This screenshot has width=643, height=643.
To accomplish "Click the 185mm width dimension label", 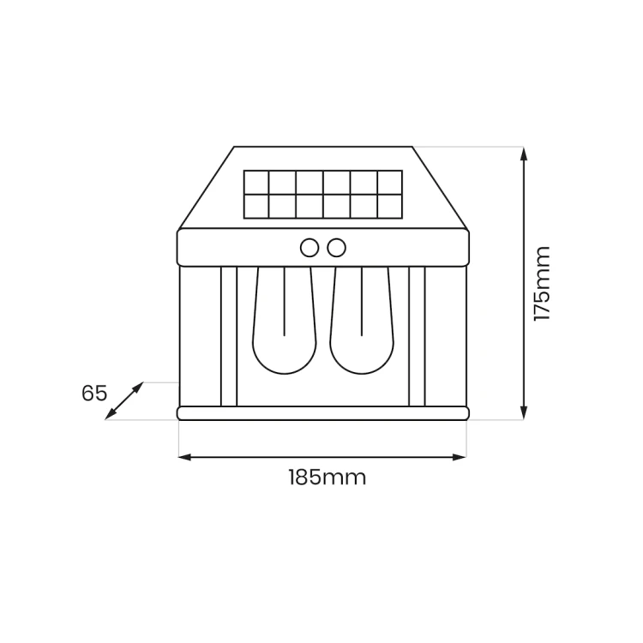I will point(326,478).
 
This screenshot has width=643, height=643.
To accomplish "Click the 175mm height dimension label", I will point(542,284).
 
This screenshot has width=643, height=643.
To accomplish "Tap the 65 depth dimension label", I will point(94,394).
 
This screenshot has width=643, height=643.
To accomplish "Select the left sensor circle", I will point(309,248).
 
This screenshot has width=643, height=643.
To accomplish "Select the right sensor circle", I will point(337,248).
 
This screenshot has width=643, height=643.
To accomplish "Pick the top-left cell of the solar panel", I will point(256,182).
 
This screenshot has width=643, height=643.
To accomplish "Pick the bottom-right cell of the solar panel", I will point(389,206).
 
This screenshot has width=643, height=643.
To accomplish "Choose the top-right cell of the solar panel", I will point(389,182).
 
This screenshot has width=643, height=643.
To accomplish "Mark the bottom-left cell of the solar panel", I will point(256,206).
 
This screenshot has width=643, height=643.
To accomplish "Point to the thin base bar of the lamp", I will point(322,413).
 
